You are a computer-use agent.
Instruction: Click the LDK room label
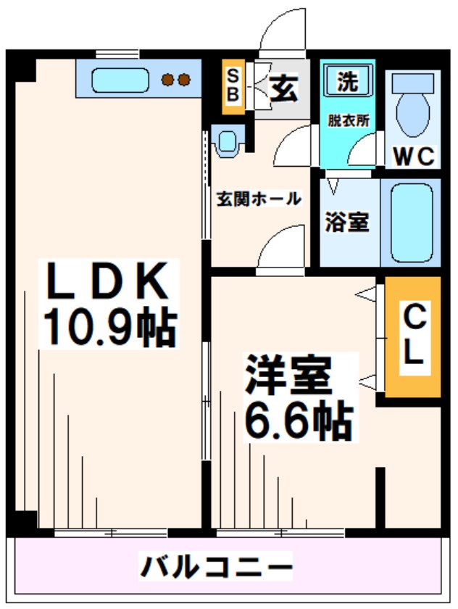coord(108,282)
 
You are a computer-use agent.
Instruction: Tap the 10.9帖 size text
coord(108,327)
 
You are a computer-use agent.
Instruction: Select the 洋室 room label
coord(288,377)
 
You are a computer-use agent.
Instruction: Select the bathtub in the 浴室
coord(411,223)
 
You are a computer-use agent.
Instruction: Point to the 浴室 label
coord(347,222)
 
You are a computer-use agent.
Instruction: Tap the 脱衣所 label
coord(348,120)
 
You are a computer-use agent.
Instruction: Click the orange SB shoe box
coord(233,86)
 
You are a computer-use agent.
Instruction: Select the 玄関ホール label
coord(259,198)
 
